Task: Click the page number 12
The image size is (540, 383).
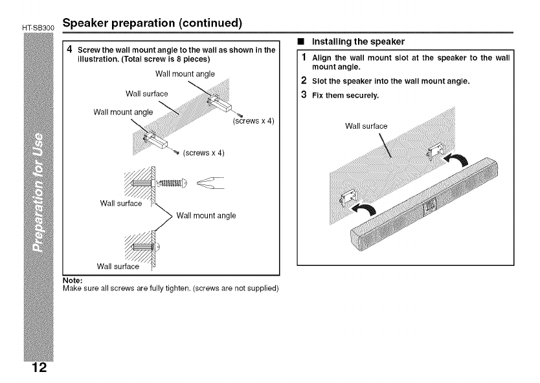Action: (38, 369)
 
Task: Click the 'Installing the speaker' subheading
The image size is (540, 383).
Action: (359, 41)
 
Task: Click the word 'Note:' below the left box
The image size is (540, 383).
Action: (71, 280)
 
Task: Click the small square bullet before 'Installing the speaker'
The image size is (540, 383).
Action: (302, 42)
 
